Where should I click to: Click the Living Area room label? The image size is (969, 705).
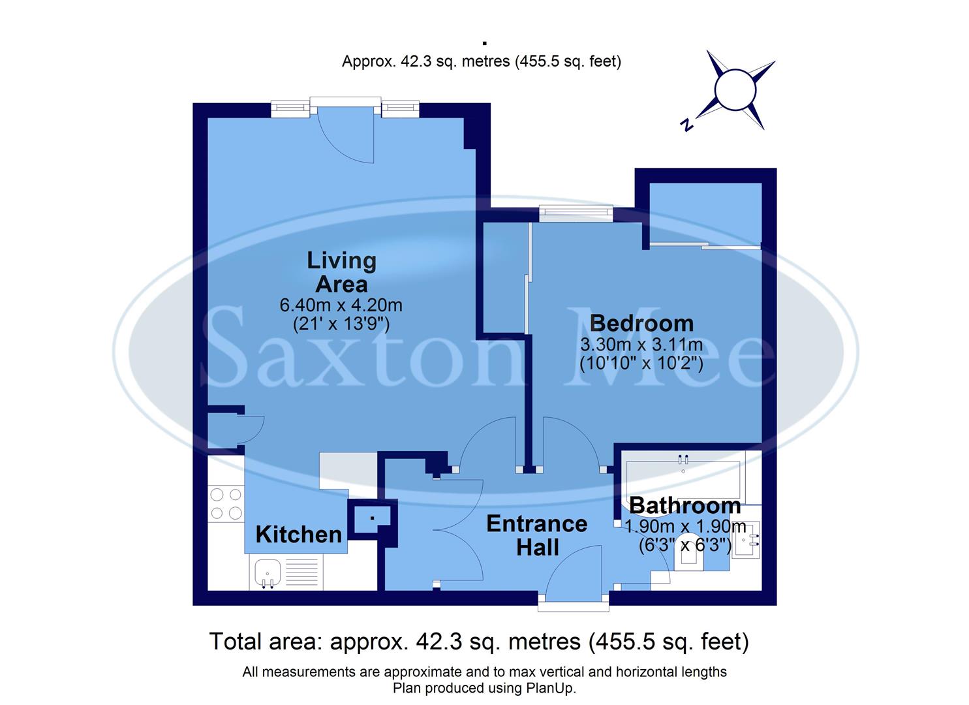click(341, 272)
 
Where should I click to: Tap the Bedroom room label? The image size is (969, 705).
click(641, 323)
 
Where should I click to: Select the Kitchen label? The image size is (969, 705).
click(298, 535)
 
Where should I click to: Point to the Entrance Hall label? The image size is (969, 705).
click(537, 535)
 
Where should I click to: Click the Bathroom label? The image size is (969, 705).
click(684, 505)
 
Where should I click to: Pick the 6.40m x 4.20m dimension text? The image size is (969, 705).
click(341, 305)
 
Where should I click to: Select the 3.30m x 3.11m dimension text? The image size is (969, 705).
click(641, 344)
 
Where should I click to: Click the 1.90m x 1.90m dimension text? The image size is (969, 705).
click(685, 526)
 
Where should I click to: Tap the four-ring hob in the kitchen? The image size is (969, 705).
click(226, 504)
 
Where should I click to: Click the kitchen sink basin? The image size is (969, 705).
click(267, 573)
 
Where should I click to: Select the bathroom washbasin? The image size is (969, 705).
click(746, 540)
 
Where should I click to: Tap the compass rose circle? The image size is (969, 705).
click(735, 90)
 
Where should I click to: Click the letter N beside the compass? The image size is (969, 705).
click(686, 125)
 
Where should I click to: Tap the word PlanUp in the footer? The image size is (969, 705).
click(549, 688)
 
